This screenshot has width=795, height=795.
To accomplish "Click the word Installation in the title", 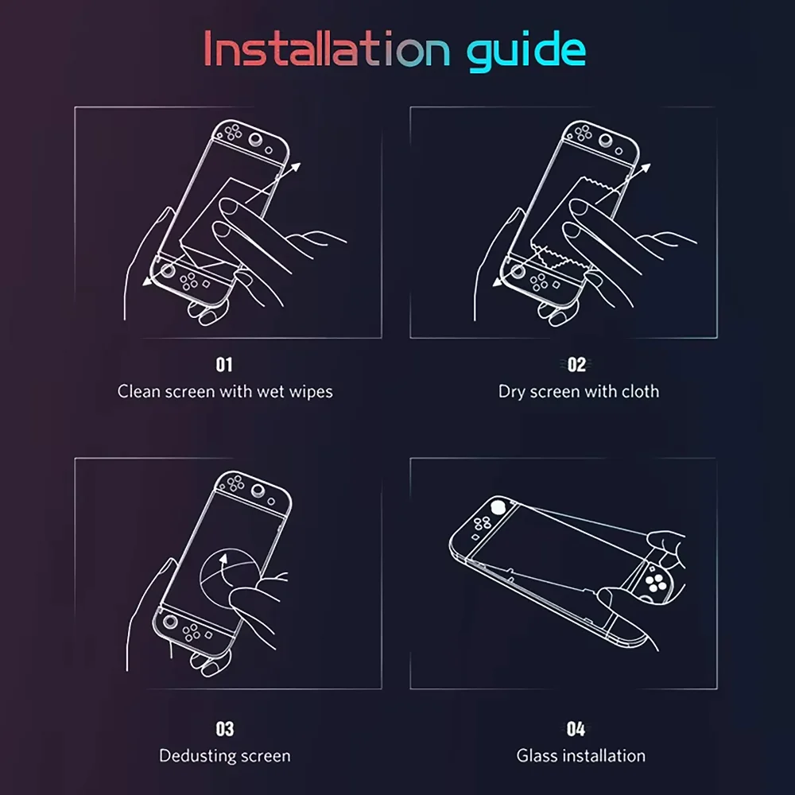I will tap(322, 48).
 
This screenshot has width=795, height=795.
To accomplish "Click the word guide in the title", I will tap(525, 50).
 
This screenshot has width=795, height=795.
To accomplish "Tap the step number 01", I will tap(225, 365).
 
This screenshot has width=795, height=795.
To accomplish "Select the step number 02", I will tap(577, 365).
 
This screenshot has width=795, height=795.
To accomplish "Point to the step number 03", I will tap(225, 729).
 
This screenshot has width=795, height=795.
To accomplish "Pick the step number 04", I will tap(577, 729).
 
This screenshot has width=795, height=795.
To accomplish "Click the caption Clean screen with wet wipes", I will tap(225, 391).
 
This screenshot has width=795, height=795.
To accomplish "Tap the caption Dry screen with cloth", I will tap(578, 391).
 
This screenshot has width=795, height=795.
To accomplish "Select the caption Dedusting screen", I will tap(225, 755).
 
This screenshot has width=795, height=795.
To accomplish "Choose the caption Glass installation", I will tap(580, 755).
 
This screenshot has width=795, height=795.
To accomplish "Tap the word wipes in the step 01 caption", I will tap(311, 391).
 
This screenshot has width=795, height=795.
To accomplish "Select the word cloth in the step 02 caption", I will tap(641, 391).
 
